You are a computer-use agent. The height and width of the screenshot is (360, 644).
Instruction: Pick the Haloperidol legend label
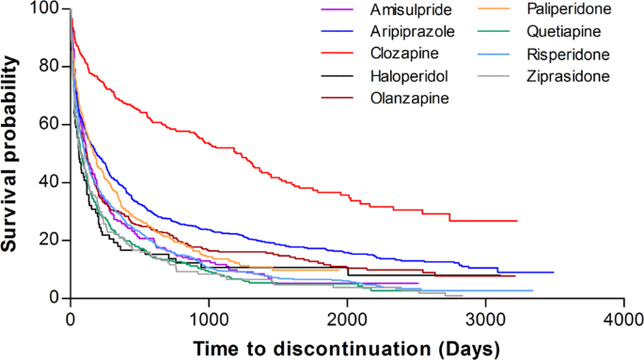click(x=381, y=75)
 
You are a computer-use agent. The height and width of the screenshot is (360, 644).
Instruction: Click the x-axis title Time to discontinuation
click(x=346, y=347)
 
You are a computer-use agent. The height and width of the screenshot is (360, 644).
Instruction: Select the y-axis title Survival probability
click(x=12, y=155)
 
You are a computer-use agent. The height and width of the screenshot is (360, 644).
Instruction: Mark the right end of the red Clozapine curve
click(x=517, y=221)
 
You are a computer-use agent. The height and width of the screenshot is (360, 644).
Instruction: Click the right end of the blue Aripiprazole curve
click(x=553, y=273)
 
